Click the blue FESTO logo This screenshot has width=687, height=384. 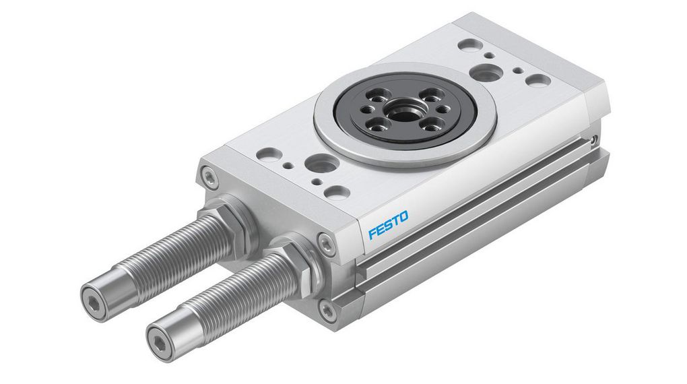(x=388, y=225)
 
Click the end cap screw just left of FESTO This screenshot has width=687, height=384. (x=327, y=244)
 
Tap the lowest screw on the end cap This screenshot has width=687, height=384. (x=328, y=311)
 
